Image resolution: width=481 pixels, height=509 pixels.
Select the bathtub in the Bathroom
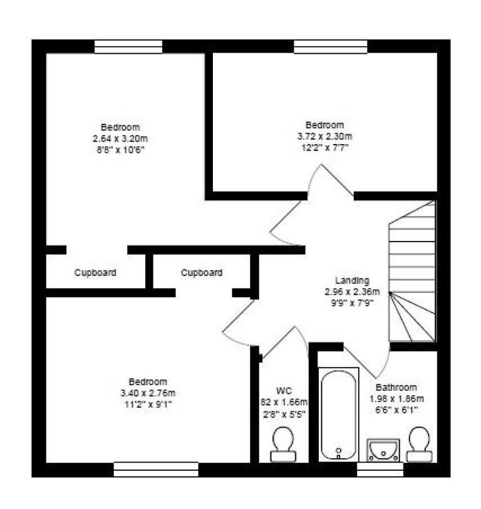[339, 414]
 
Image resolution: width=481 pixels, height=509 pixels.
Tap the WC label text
[284, 390]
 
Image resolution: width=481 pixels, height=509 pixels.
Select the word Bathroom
[396, 388]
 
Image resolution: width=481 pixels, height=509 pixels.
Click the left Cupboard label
[95, 273]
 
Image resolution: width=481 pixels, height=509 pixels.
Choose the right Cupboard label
[202, 273]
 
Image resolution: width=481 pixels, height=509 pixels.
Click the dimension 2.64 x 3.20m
[122, 138]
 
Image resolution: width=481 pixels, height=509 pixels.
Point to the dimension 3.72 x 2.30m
[324, 136]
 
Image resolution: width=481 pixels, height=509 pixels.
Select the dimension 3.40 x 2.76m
[148, 393]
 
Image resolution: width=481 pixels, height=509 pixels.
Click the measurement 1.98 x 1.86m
[396, 399]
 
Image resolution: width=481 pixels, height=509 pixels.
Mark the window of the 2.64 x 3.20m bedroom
[128, 46]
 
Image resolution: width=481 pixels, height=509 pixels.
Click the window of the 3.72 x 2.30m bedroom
[331, 46]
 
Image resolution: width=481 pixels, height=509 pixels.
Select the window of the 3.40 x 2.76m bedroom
[156, 469]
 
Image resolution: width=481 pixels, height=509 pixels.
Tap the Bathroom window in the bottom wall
[380, 469]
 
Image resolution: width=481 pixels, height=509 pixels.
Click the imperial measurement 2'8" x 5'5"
[284, 413]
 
